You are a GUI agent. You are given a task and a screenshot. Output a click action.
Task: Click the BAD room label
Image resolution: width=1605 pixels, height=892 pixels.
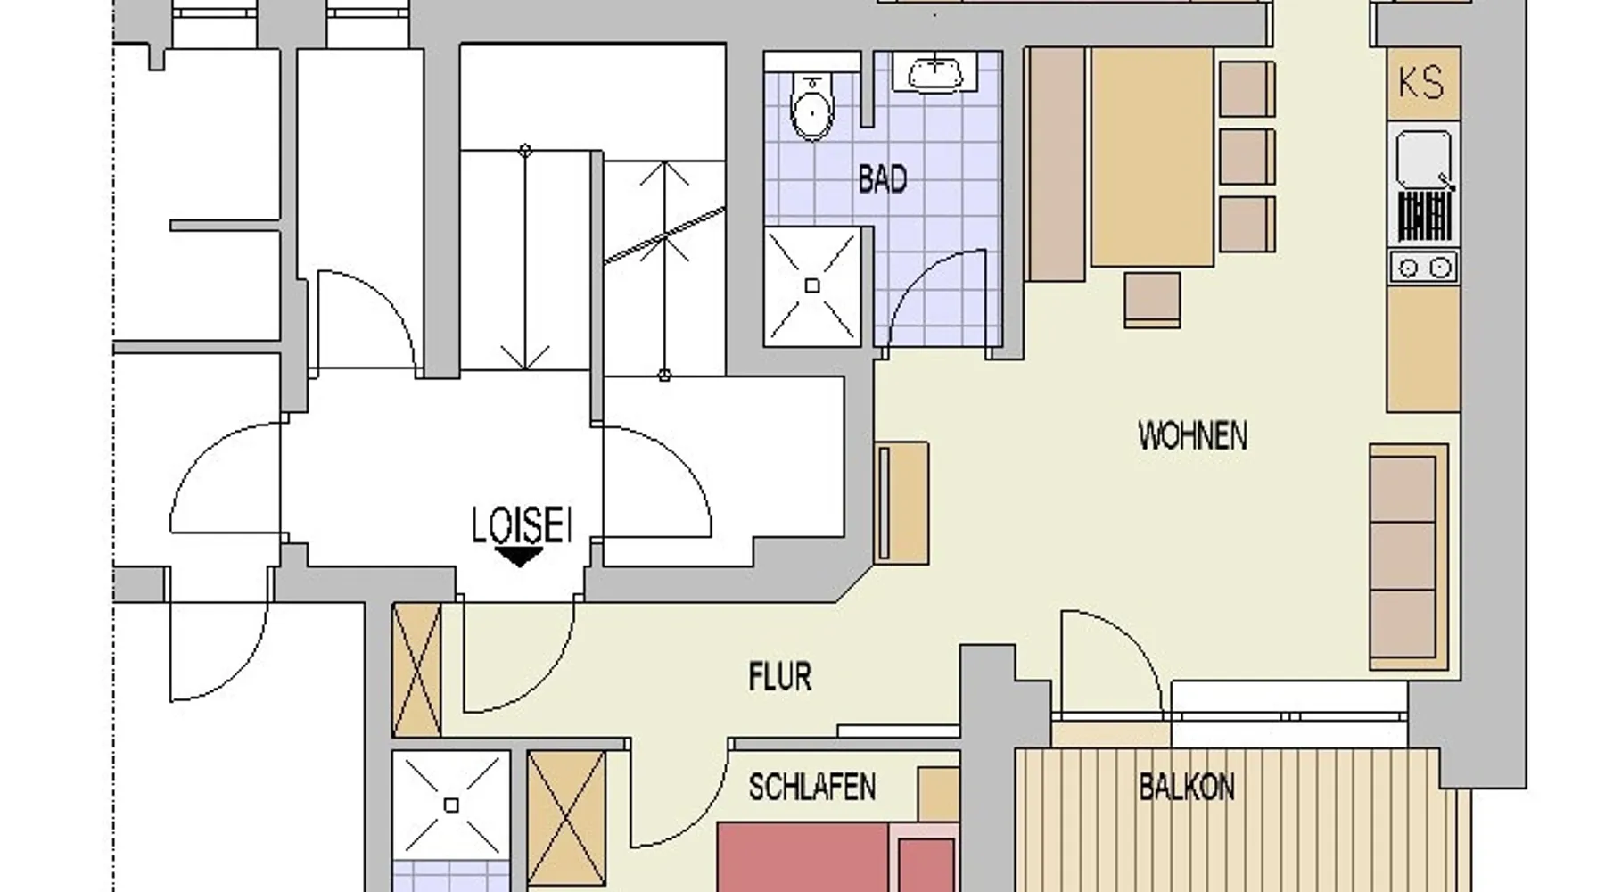[x=883, y=180]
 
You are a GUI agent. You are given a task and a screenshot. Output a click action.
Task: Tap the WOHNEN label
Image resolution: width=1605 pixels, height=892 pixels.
[x=1192, y=436]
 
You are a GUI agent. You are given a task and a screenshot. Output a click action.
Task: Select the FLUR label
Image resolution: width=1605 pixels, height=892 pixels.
[x=780, y=678]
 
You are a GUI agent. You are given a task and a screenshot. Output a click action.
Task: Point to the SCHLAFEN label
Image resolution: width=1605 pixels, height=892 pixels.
[x=811, y=788]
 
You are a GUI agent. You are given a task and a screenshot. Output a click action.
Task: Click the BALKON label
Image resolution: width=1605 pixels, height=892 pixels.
[x=1187, y=788]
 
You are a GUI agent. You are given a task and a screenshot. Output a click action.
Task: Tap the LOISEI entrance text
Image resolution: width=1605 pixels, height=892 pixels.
[x=522, y=525]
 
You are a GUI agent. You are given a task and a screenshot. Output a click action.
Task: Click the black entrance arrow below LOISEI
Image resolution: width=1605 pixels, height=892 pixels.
[x=520, y=557]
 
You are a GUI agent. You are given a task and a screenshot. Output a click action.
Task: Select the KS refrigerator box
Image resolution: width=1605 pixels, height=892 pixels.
[x=1422, y=83]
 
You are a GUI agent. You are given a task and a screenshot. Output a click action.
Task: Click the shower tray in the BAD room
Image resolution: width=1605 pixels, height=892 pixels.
[x=812, y=285]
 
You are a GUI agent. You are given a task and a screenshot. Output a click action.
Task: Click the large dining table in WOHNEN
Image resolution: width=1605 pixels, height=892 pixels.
[x=1152, y=157]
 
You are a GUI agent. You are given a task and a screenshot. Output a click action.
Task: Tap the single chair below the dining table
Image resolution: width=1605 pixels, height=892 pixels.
[x=1152, y=300]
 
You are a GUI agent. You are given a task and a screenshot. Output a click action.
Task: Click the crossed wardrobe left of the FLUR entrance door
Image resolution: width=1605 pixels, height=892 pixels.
[x=416, y=670]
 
